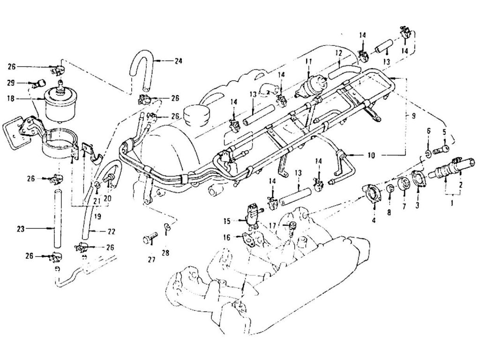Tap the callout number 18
[11, 99]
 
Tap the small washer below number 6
[428, 153]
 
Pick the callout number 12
[337, 54]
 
